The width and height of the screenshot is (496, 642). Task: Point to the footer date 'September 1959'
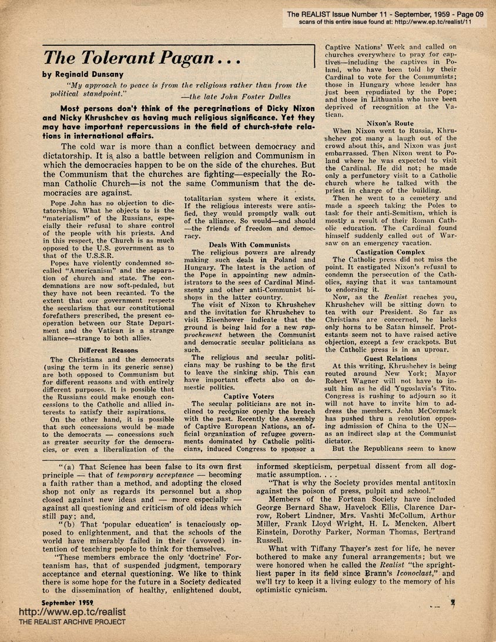[68, 603]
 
